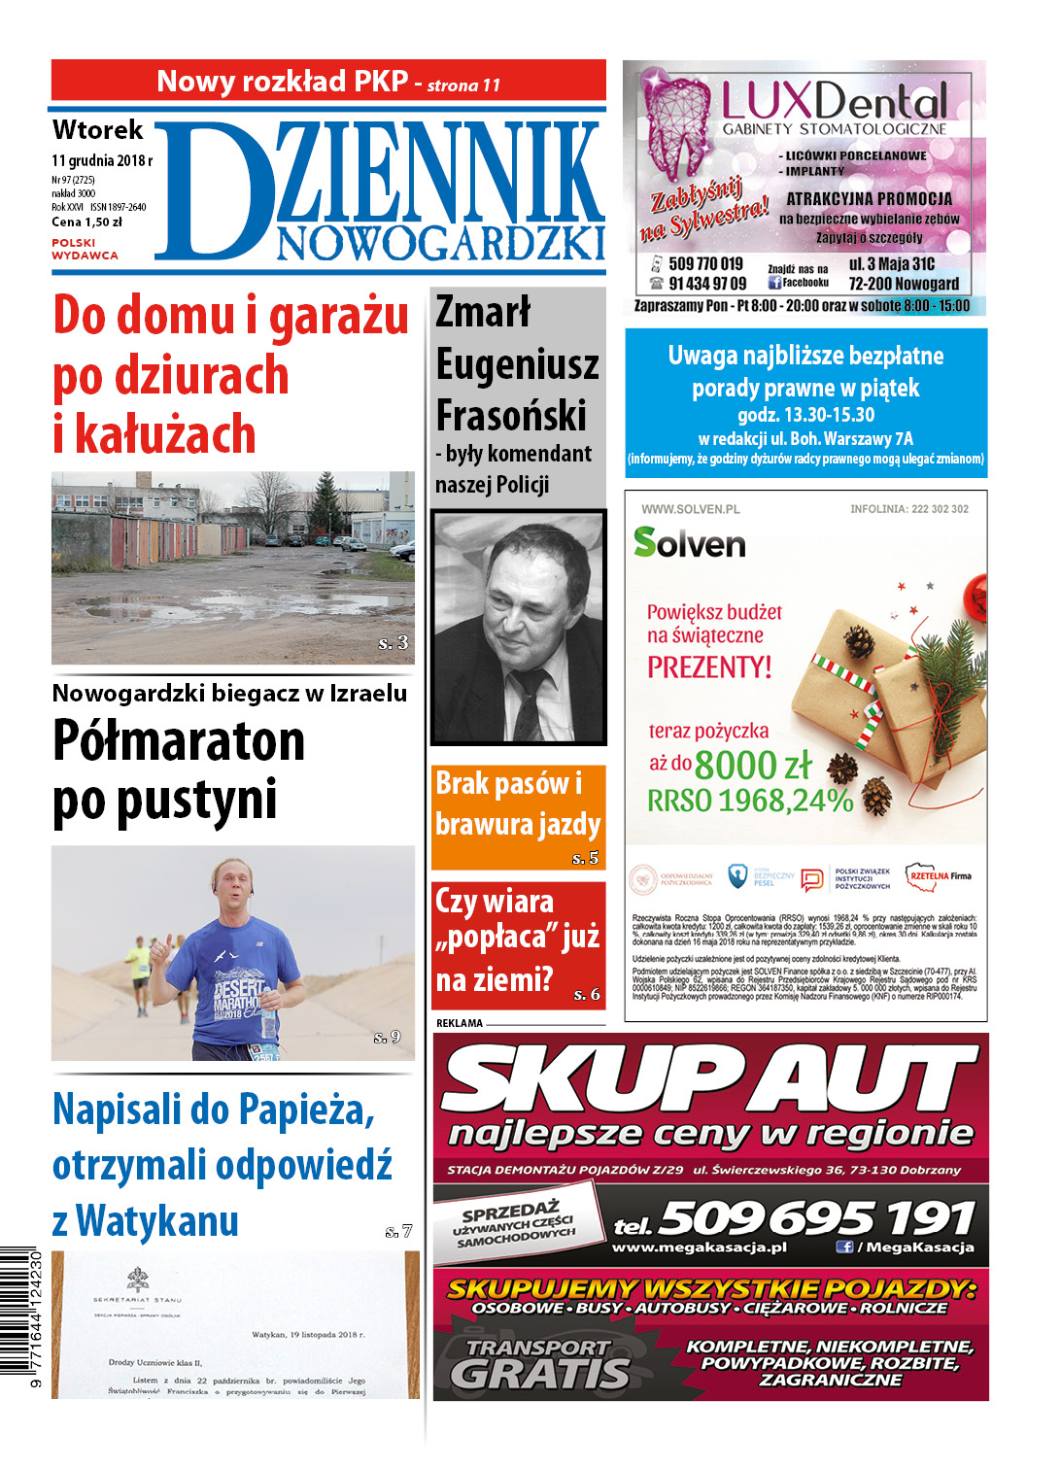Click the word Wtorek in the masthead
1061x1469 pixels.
point(97,130)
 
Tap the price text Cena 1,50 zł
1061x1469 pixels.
point(87,222)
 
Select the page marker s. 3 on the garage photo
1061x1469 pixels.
point(394,643)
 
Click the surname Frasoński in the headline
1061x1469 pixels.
point(511,416)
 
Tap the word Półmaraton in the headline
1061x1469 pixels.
point(179,741)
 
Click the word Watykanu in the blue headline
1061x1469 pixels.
point(157,1221)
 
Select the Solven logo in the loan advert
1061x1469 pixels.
point(689,543)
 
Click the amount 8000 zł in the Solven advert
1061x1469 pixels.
point(753,766)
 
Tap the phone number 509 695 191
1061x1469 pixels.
point(816,1216)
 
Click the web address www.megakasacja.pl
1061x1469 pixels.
point(699,1247)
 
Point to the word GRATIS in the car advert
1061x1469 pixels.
point(539,1374)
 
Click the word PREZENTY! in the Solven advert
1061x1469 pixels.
point(709,667)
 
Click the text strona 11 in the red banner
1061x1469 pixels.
point(463,85)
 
